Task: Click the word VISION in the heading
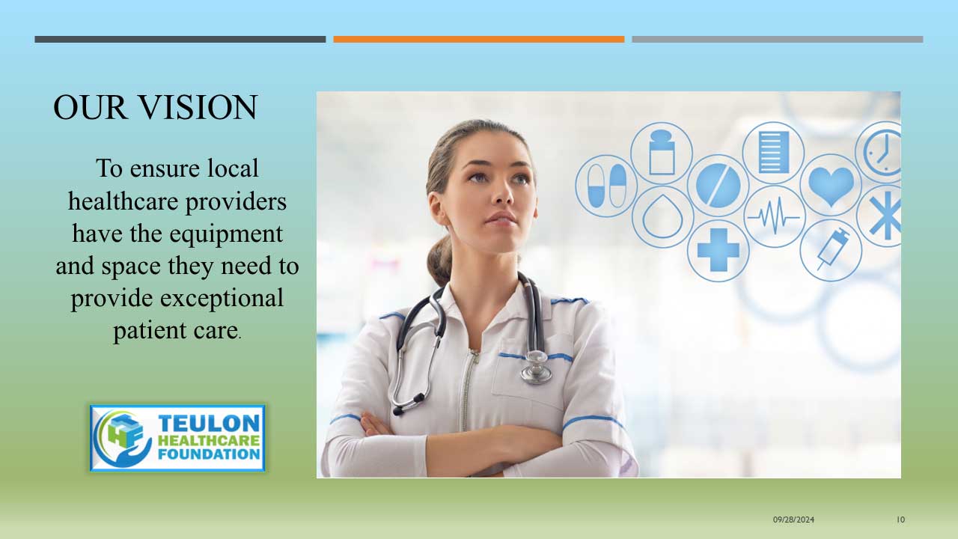(199, 107)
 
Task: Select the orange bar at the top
(479, 40)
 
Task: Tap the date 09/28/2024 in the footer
(793, 520)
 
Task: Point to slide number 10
(900, 520)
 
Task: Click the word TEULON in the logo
(209, 424)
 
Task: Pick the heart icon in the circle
(831, 186)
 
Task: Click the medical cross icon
(718, 250)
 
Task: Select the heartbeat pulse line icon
(774, 217)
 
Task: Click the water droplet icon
(662, 216)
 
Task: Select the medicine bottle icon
(662, 153)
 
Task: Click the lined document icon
(773, 152)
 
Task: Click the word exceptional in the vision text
(222, 298)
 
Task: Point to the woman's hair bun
(439, 259)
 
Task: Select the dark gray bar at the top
(180, 40)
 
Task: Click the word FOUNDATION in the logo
(209, 454)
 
